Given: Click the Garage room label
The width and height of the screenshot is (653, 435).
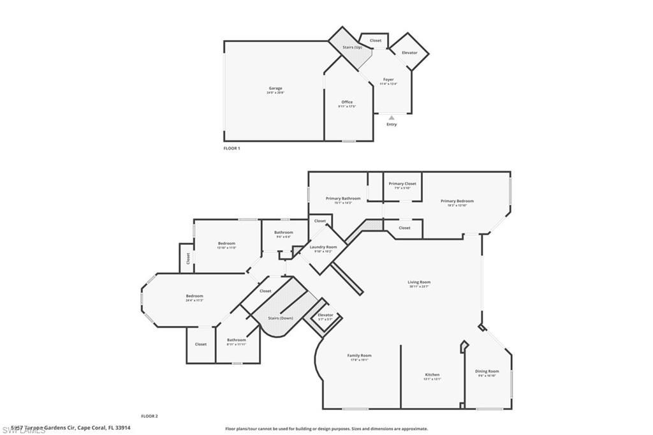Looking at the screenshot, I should pos(275,89).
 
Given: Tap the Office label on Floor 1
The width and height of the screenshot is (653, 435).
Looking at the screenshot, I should pos(346,102).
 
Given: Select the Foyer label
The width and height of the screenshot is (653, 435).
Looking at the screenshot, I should pos(388,80).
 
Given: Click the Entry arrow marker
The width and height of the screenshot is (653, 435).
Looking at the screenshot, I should pos(392,117).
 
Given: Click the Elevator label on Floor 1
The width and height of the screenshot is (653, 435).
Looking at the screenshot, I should pos(409,52).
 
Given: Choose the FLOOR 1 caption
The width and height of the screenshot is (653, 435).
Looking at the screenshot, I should pos(231,148).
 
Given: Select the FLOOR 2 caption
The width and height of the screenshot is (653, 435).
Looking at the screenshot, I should pos(149,416).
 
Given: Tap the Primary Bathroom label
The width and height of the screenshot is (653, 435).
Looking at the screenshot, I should pos(343,198).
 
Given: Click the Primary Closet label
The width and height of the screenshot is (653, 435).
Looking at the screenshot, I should pos(402,184).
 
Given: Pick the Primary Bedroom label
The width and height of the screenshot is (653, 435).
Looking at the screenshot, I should pos(457,201).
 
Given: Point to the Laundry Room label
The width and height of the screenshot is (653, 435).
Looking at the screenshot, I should pos(323,247).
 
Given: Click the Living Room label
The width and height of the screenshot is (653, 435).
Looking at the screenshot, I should pos(419,282).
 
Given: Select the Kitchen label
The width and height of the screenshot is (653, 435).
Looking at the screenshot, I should pos(432,374).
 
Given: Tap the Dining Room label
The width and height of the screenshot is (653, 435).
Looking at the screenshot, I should pos(487,371).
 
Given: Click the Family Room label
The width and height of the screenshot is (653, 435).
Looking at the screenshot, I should pos(359,355).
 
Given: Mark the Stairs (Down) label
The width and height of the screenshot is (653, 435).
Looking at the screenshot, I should pos(281,318).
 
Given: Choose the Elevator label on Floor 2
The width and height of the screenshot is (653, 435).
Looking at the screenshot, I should pos(325,314).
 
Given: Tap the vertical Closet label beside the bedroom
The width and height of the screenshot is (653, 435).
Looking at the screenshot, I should pos(188,258).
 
